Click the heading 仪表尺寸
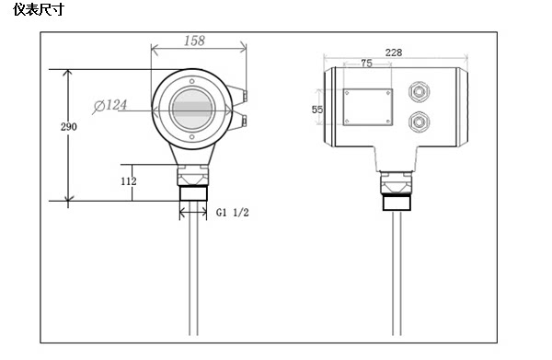(x=39, y=9)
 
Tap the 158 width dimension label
(x=194, y=41)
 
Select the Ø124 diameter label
(x=110, y=105)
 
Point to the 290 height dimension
(x=69, y=127)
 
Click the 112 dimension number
(x=129, y=181)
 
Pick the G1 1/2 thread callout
(x=233, y=213)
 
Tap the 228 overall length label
(x=394, y=52)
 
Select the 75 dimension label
(x=366, y=63)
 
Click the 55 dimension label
(x=317, y=110)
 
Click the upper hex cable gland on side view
(x=419, y=92)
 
